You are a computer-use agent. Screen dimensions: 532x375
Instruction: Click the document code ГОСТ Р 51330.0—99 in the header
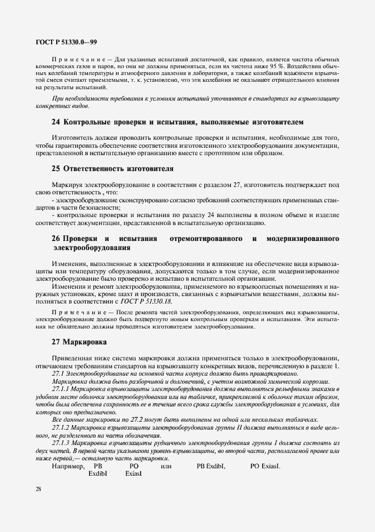(x=66, y=41)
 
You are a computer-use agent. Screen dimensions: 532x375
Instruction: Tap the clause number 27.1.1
(x=61, y=388)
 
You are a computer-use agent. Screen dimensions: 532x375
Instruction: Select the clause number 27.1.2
(x=61, y=426)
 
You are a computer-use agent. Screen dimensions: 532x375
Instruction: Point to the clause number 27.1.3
(x=61, y=442)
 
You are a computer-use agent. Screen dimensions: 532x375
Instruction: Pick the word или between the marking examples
(x=166, y=465)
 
